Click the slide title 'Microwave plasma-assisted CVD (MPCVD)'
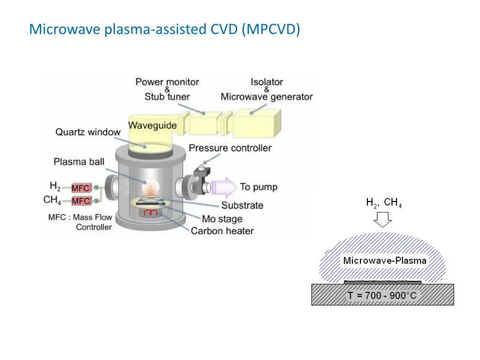point(165,29)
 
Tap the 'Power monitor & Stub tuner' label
point(167,89)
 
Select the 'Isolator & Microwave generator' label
point(266,89)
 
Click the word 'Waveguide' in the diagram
point(152,125)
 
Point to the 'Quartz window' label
point(88,132)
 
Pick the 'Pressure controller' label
point(230,148)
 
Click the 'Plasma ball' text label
point(79,162)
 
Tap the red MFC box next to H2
point(81,188)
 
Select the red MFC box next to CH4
point(81,201)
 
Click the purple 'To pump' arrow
point(224,187)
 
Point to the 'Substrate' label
point(242,205)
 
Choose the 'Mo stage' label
point(222,218)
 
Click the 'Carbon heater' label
point(222,231)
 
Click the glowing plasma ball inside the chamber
point(150,187)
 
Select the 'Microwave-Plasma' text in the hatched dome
point(385,261)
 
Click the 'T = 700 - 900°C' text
point(382,296)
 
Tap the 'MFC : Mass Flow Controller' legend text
point(80,222)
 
